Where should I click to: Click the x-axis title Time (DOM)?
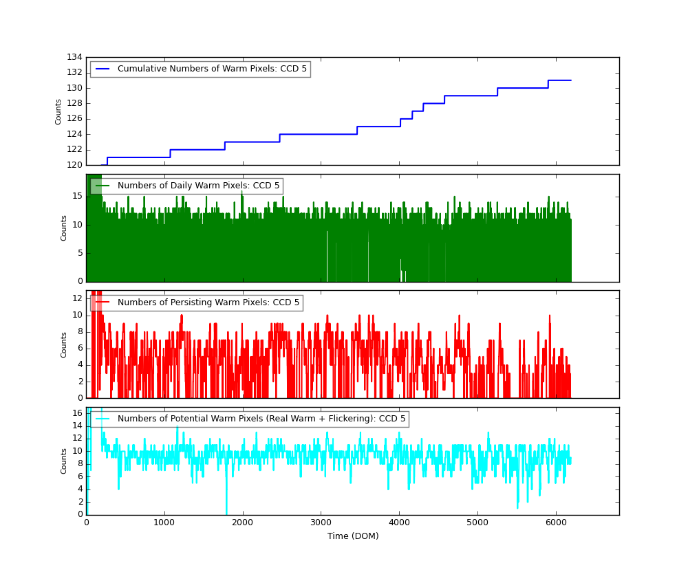tap(352, 536)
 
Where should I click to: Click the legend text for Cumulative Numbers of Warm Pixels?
tap(212, 69)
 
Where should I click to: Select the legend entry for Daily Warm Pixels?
tap(198, 186)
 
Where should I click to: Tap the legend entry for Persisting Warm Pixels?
tap(208, 302)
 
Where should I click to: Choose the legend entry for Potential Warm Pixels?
tap(262, 419)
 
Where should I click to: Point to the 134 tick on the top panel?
tap(74, 57)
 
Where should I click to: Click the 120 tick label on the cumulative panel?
tap(74, 165)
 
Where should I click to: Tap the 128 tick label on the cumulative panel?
tap(74, 103)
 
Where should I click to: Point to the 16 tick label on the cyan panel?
tap(76, 412)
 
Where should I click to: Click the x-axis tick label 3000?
tap(321, 522)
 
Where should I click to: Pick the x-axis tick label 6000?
tap(556, 522)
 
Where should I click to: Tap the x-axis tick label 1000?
tap(164, 522)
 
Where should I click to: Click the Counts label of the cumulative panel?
tap(59, 111)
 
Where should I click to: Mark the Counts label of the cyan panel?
tap(64, 461)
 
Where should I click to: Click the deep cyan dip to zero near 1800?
tap(226, 511)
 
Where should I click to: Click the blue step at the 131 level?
tap(559, 80)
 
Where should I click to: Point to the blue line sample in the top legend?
tap(103, 69)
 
